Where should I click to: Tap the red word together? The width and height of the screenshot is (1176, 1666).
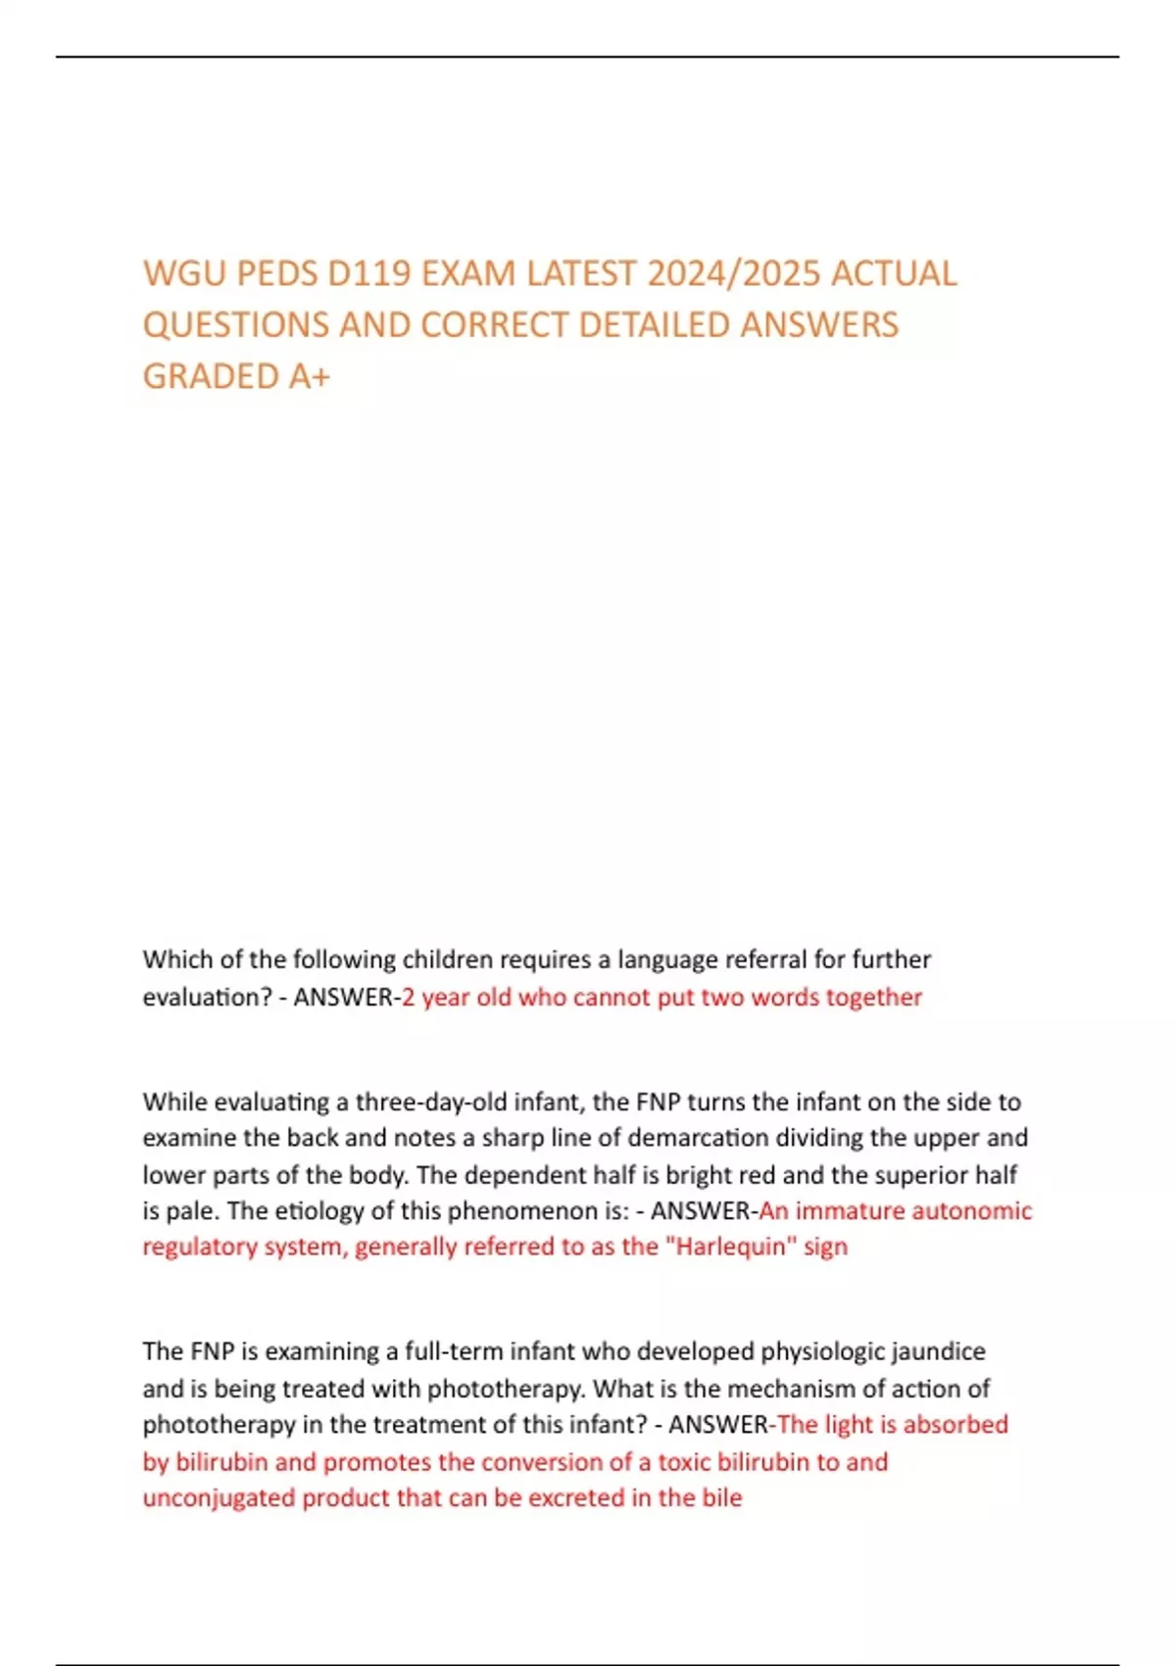pyautogui.click(x=874, y=998)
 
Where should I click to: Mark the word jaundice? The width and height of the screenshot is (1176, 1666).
pyautogui.click(x=939, y=1352)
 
